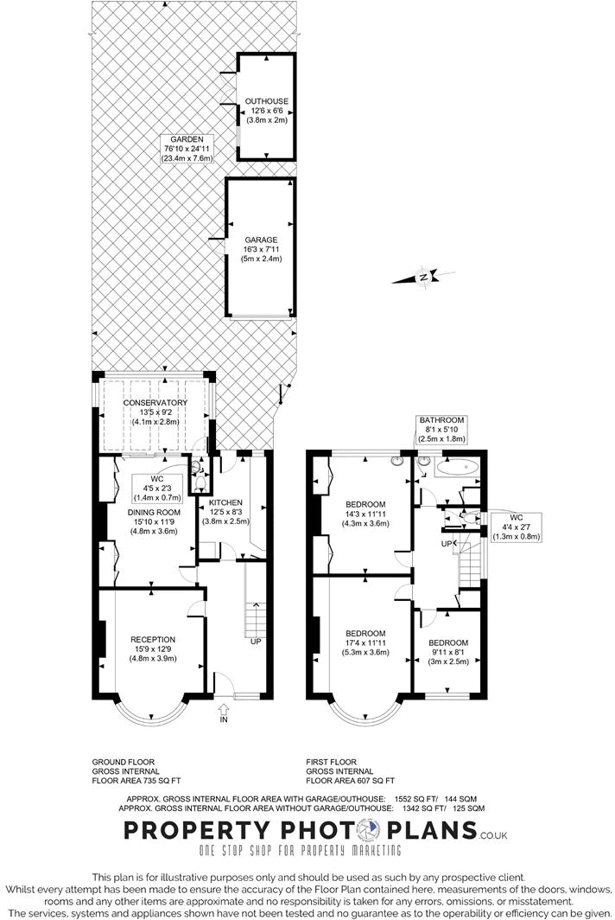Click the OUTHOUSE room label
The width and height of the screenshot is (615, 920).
(x=266, y=111)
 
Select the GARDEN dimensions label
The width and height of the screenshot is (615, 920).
(x=187, y=149)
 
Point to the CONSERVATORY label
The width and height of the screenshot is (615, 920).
(x=155, y=411)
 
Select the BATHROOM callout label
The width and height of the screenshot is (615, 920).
(x=442, y=430)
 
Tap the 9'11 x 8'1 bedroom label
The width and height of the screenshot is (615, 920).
(x=448, y=652)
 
